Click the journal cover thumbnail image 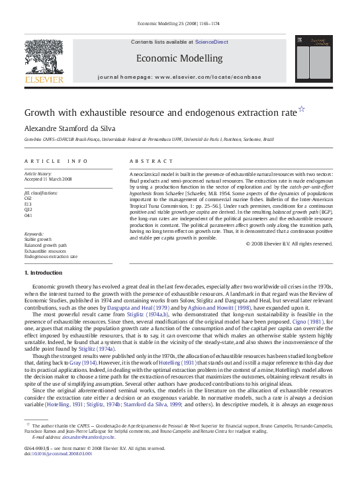pyautogui.click(x=312, y=62)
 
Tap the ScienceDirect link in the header pyautogui.click(x=211, y=42)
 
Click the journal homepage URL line pyautogui.click(x=179, y=77)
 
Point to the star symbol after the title pyautogui.click(x=302, y=109)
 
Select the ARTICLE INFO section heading pyautogui.click(x=56, y=161)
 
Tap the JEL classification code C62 pyautogui.click(x=28, y=198)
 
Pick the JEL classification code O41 pyautogui.click(x=28, y=215)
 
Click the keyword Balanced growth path pyautogui.click(x=46, y=245)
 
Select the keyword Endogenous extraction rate pyautogui.click(x=51, y=256)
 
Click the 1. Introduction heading pyautogui.click(x=45, y=273)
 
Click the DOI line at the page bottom pyautogui.click(x=58, y=453)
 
